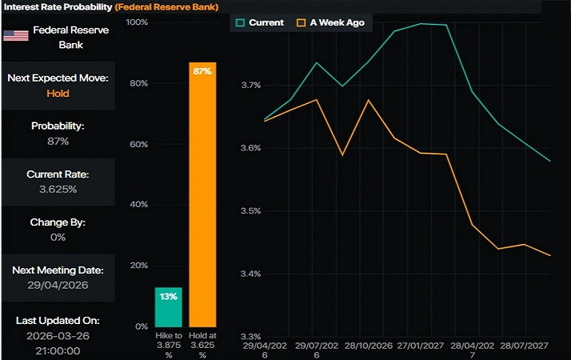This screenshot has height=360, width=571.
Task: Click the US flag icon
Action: click(15, 34)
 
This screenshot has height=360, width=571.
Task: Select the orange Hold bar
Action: click(202, 200)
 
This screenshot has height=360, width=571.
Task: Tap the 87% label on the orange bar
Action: click(202, 72)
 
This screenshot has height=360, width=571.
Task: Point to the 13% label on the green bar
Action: click(168, 297)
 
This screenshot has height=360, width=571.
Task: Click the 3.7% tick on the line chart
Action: click(251, 85)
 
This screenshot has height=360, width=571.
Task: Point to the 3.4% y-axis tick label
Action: click(251, 274)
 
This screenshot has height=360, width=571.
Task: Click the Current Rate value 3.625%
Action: click(57, 189)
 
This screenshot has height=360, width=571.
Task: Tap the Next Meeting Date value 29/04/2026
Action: click(57, 285)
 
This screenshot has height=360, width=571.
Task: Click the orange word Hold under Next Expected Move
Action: click(58, 93)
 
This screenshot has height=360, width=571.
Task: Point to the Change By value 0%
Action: click(58, 237)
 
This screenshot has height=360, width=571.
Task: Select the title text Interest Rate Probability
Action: click(57, 6)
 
